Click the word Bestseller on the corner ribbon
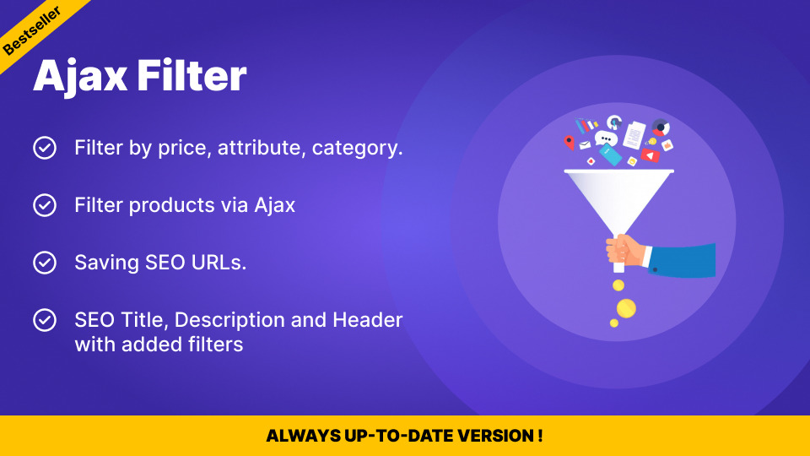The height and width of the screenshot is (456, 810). click(x=31, y=30)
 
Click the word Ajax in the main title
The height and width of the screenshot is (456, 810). click(x=81, y=77)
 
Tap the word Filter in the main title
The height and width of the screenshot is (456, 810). click(x=192, y=75)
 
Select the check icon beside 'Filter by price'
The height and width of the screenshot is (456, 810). click(x=45, y=148)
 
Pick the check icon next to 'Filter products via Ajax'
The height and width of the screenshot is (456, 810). click(x=45, y=205)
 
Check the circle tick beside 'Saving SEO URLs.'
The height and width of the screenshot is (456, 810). click(x=45, y=263)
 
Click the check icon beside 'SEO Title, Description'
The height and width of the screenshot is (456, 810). click(x=45, y=320)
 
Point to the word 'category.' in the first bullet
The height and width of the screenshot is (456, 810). click(x=357, y=149)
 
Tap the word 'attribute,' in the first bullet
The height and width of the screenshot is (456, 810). click(x=262, y=148)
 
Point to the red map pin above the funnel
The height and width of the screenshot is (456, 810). click(x=570, y=142)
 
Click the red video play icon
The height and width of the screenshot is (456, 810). click(x=651, y=155)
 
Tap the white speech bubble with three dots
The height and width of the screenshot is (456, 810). click(x=606, y=138)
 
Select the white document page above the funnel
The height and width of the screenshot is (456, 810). click(x=634, y=135)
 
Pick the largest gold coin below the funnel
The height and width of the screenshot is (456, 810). click(x=626, y=309)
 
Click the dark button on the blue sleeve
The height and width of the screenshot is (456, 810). click(x=655, y=269)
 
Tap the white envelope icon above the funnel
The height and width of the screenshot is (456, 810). click(x=585, y=145)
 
